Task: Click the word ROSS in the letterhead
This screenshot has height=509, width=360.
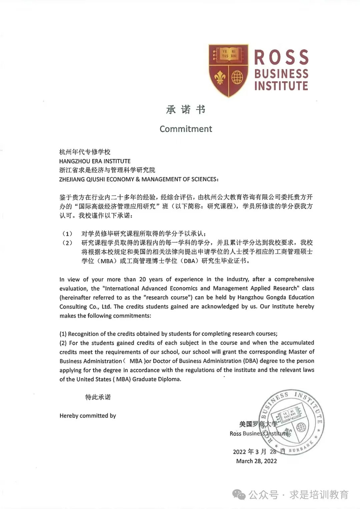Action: (x=281, y=57)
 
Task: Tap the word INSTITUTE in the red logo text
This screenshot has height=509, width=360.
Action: (x=281, y=86)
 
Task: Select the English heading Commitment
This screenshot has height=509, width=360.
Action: (x=186, y=129)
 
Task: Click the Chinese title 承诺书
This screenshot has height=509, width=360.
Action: (x=186, y=110)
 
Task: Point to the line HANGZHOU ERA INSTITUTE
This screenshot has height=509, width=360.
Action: (x=95, y=161)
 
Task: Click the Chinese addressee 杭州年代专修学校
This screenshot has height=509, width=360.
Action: (x=85, y=152)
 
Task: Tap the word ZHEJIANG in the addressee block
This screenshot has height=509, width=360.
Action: (x=72, y=179)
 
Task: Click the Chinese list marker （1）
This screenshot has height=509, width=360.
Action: (x=67, y=234)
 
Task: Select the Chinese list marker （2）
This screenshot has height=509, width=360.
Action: (x=67, y=243)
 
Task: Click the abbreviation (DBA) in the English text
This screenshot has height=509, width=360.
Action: (x=251, y=361)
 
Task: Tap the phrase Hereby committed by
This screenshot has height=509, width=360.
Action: (x=88, y=416)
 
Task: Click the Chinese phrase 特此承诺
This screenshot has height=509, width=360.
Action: (x=98, y=397)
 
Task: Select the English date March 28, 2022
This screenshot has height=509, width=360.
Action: (x=256, y=461)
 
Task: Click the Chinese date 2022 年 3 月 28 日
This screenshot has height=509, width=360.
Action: (x=259, y=452)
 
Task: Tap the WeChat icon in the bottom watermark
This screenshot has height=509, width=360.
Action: (x=239, y=495)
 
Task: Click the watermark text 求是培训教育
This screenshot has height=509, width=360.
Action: (x=319, y=495)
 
